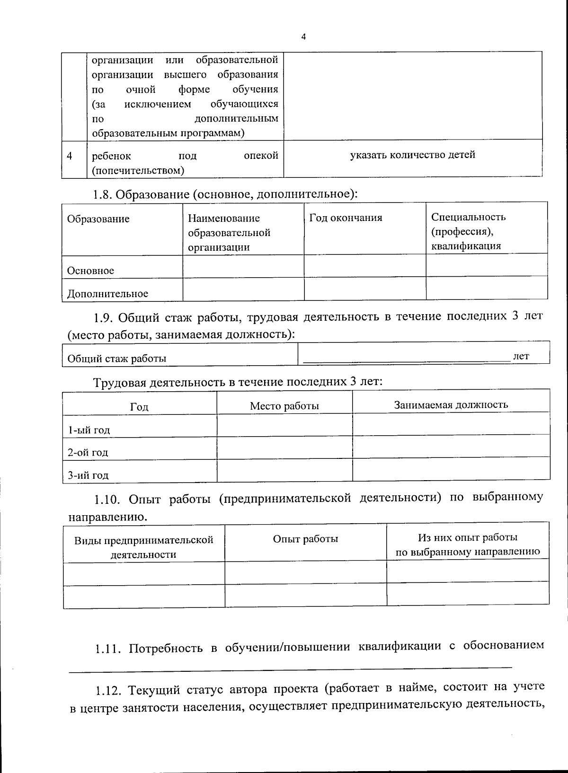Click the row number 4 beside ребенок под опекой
coord(70,156)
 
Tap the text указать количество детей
coord(412,155)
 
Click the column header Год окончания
coord(346,218)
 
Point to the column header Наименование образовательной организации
coord(229,232)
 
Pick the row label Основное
coord(90,271)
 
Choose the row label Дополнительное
coord(107,294)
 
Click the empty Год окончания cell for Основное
coord(364,266)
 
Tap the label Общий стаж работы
coord(117,359)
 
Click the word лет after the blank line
coord(521,356)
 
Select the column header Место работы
coord(284,406)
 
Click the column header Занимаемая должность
coord(451,404)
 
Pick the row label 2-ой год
coord(88,452)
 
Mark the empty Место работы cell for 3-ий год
coord(284,470)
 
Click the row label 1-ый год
coord(89,430)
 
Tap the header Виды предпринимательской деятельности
coord(143,547)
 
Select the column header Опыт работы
coord(305,539)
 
